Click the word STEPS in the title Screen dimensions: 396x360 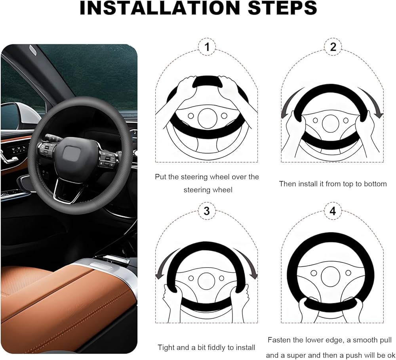pyautogui.click(x=282, y=8)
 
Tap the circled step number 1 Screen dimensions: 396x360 pyautogui.click(x=207, y=47)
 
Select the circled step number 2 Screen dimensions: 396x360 pyautogui.click(x=333, y=47)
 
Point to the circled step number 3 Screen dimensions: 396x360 pyautogui.click(x=207, y=211)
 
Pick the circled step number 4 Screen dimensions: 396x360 pyautogui.click(x=333, y=211)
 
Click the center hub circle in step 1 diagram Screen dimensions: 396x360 pyautogui.click(x=208, y=119)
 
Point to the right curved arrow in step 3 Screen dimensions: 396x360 pyautogui.click(x=246, y=263)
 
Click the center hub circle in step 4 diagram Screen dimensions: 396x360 pyautogui.click(x=331, y=276)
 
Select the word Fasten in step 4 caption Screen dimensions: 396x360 pyautogui.click(x=279, y=340)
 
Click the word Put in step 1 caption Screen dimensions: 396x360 pyautogui.click(x=161, y=177)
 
